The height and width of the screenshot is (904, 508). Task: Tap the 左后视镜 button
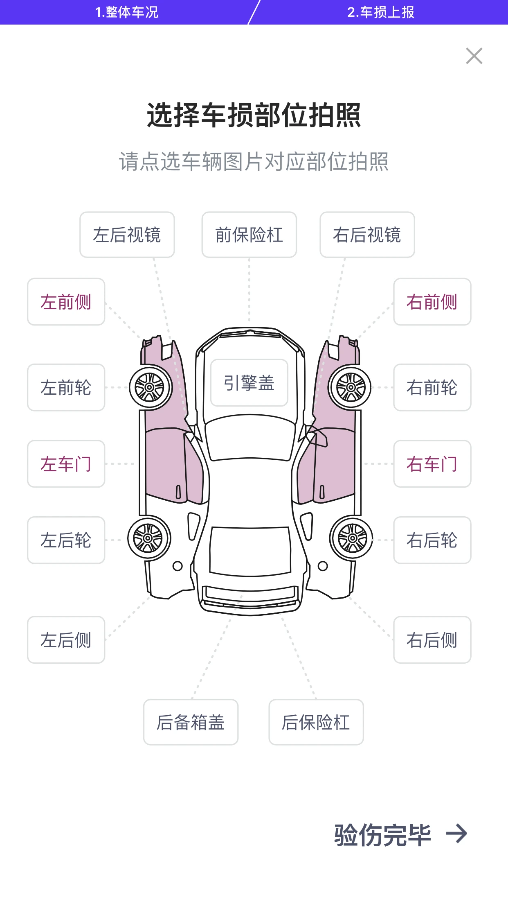tap(127, 235)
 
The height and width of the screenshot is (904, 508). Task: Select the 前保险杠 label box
tap(249, 235)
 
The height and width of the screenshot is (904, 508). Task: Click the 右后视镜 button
tap(367, 235)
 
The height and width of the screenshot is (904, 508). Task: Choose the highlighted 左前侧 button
tap(66, 302)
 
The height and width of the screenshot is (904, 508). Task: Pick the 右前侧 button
tap(432, 302)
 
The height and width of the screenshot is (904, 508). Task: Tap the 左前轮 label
tap(66, 387)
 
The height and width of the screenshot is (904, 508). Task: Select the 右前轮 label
tap(432, 387)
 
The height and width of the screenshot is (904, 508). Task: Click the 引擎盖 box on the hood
tap(249, 383)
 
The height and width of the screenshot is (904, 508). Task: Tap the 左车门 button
tap(66, 464)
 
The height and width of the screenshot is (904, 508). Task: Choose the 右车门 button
tap(432, 464)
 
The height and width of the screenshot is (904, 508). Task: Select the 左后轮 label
tap(66, 540)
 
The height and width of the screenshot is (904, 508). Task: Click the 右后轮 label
tap(432, 540)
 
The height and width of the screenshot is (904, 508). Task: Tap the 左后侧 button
tap(66, 640)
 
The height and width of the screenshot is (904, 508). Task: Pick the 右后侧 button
tap(432, 640)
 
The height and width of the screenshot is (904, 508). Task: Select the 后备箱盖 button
tap(191, 722)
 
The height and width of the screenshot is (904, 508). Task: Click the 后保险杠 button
tap(316, 722)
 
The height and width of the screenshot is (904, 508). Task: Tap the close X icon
tap(474, 56)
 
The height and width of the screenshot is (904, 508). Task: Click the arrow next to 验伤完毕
tap(456, 834)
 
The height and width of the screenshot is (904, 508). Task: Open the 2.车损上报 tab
tap(380, 12)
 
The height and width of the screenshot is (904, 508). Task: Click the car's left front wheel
tap(150, 387)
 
